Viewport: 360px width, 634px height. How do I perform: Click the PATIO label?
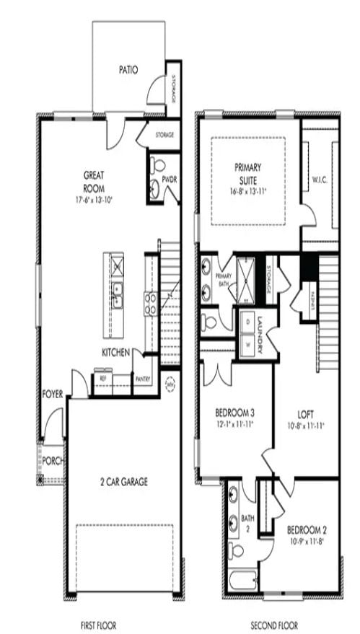(x=128, y=70)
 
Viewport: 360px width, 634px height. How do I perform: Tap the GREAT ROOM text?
(x=95, y=180)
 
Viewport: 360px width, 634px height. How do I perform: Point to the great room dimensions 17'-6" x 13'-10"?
(x=95, y=198)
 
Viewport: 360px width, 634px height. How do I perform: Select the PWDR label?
(x=170, y=178)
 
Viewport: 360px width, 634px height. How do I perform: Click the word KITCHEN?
(x=115, y=352)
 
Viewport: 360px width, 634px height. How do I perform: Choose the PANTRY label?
(x=143, y=379)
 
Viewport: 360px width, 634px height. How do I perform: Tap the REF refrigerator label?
(x=102, y=377)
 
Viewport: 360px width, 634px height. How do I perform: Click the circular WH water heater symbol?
(x=171, y=384)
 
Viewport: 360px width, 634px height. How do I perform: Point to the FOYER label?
(x=53, y=394)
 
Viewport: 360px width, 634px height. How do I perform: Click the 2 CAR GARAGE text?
(x=124, y=481)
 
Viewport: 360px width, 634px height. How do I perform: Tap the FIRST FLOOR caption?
(x=98, y=625)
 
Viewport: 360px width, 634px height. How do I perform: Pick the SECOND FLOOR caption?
(x=274, y=625)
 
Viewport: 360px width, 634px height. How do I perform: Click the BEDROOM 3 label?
(x=234, y=413)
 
